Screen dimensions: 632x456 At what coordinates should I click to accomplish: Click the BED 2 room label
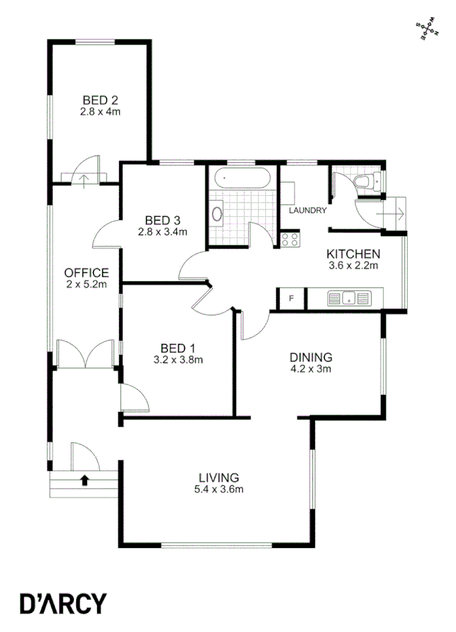pyautogui.click(x=100, y=101)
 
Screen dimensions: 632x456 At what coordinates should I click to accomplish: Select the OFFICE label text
pyautogui.click(x=86, y=273)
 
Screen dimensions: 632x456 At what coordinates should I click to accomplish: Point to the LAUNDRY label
pyautogui.click(x=307, y=210)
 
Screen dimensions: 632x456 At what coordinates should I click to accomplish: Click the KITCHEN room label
pyautogui.click(x=353, y=254)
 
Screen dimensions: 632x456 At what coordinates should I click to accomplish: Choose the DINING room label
pyautogui.click(x=311, y=358)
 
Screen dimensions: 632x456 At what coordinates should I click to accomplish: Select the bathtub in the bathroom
pyautogui.click(x=241, y=178)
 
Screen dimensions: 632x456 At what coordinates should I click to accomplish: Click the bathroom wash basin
pyautogui.click(x=216, y=215)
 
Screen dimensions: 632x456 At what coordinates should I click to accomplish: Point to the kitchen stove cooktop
pyautogui.click(x=290, y=240)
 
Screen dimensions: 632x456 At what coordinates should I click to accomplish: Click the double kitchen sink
pyautogui.click(x=349, y=298)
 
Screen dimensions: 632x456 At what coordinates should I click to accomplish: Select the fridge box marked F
pyautogui.click(x=292, y=298)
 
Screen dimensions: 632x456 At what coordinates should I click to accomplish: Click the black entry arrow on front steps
pyautogui.click(x=85, y=480)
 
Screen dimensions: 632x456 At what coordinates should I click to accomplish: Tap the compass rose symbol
pyautogui.click(x=427, y=30)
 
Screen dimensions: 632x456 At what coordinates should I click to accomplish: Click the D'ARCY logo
pyautogui.click(x=63, y=603)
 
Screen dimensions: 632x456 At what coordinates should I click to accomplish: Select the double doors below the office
pyautogui.click(x=86, y=356)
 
